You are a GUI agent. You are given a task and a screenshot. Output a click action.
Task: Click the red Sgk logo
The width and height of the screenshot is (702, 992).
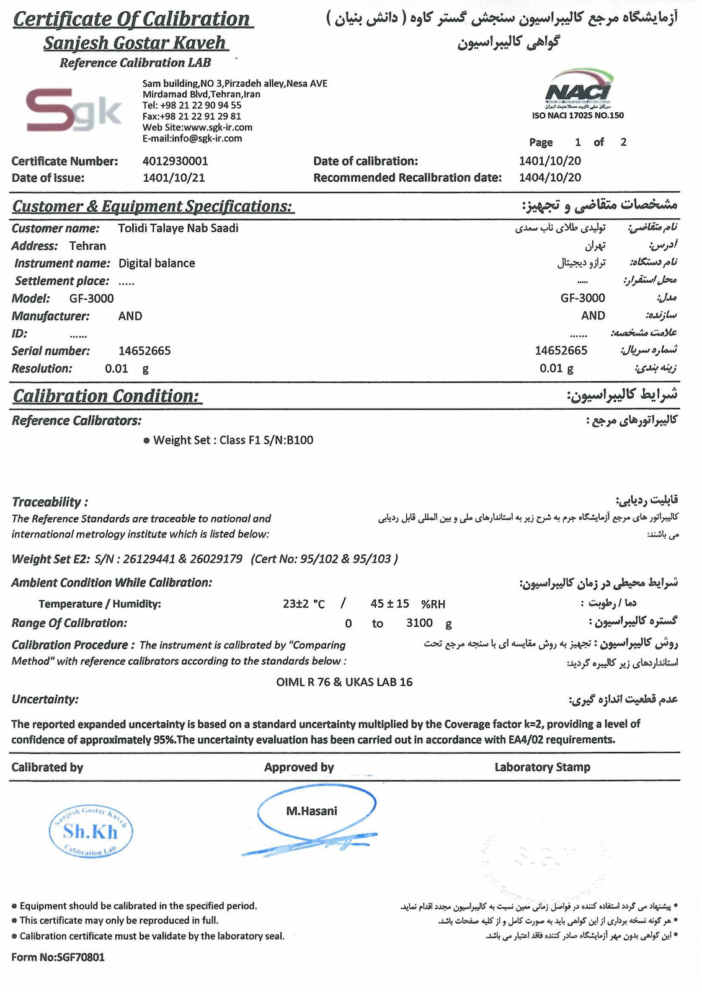click(x=73, y=111)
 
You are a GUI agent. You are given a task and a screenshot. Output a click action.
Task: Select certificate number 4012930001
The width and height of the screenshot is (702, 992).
click(x=175, y=161)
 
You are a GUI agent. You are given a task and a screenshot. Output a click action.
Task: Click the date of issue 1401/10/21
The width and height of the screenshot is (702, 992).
click(x=174, y=178)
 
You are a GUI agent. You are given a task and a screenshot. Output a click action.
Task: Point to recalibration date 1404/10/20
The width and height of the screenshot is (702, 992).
click(x=550, y=178)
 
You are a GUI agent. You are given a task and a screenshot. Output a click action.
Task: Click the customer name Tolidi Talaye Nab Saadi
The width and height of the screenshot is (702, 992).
click(x=178, y=228)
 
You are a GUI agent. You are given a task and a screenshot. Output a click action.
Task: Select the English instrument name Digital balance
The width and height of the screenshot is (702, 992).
click(x=157, y=263)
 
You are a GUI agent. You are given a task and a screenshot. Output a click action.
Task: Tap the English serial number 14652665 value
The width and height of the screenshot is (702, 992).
click(x=144, y=351)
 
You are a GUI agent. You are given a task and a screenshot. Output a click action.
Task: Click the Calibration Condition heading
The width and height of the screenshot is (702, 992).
click(x=106, y=396)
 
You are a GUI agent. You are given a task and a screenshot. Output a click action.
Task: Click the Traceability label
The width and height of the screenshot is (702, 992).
click(x=50, y=502)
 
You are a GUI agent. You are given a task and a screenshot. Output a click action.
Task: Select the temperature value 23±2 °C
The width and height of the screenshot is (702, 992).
click(x=304, y=604)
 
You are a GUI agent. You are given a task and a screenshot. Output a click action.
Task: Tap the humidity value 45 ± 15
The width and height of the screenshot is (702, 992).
click(x=390, y=603)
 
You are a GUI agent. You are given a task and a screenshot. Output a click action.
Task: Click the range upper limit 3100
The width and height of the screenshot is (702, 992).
click(x=419, y=623)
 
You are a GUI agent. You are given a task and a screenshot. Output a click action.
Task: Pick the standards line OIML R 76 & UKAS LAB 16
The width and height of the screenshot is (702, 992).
click(x=344, y=682)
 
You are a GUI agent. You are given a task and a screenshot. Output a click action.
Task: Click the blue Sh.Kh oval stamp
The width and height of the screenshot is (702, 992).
click(x=91, y=832)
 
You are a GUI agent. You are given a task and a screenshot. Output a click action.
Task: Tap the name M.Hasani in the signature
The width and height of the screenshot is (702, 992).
click(x=311, y=811)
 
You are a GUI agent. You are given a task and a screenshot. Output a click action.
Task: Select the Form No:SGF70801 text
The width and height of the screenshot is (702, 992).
click(x=58, y=957)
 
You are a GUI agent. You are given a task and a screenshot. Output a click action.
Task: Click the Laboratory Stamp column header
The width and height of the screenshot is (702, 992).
click(x=542, y=768)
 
